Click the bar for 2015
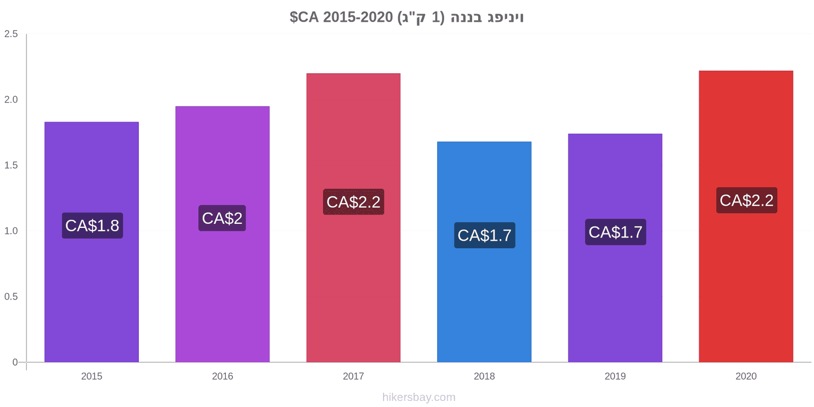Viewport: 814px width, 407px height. pyautogui.click(x=92, y=242)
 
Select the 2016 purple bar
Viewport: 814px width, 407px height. pyautogui.click(x=222, y=234)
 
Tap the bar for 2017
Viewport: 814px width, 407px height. pyautogui.click(x=353, y=218)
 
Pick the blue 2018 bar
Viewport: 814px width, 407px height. pyautogui.click(x=484, y=252)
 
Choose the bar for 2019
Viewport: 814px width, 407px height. pyautogui.click(x=615, y=248)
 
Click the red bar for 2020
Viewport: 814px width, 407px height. pyautogui.click(x=746, y=216)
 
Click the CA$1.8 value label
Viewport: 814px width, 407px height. pyautogui.click(x=92, y=226)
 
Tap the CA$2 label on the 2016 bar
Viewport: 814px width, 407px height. pyautogui.click(x=222, y=218)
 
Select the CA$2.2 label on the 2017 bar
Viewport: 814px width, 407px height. pyautogui.click(x=354, y=201)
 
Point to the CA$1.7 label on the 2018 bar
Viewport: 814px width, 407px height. pyautogui.click(x=485, y=235)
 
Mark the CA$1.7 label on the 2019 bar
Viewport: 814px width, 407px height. pyautogui.click(x=616, y=232)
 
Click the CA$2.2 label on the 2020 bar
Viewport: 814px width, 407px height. pyautogui.click(x=747, y=200)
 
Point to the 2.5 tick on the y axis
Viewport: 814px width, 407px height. pyautogui.click(x=11, y=34)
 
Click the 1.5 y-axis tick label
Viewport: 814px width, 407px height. pyautogui.click(x=11, y=165)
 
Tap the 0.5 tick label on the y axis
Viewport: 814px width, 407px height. pyautogui.click(x=11, y=297)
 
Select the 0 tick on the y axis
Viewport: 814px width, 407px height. pyautogui.click(x=15, y=362)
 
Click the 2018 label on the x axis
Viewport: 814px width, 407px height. pyautogui.click(x=484, y=376)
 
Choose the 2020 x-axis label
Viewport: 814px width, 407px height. pyautogui.click(x=746, y=376)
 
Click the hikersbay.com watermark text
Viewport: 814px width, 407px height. pyautogui.click(x=419, y=397)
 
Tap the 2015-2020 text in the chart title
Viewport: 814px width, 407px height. pyautogui.click(x=358, y=17)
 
